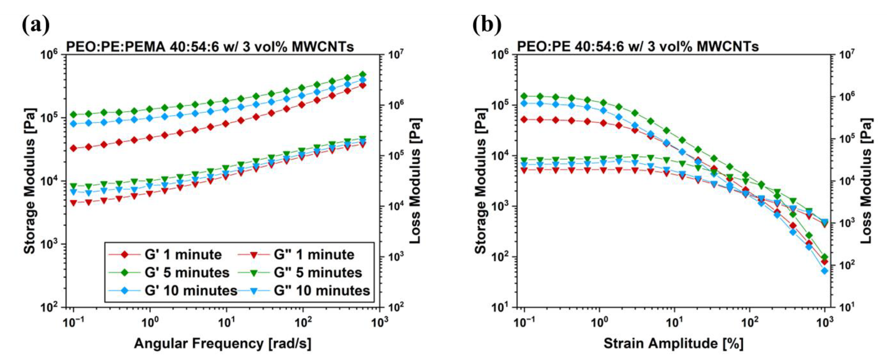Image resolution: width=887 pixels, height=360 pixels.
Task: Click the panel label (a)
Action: [36, 25]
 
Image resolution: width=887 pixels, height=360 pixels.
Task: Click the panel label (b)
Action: [487, 25]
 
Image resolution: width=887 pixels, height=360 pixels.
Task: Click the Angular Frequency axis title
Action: [222, 344]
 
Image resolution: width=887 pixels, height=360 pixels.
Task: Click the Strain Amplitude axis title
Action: [673, 344]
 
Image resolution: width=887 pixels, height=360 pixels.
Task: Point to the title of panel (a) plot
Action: [210, 46]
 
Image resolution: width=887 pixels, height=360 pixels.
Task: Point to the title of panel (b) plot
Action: [638, 46]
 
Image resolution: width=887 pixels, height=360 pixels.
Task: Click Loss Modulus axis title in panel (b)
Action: [866, 181]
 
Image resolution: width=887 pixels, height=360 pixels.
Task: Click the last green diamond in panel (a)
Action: [363, 74]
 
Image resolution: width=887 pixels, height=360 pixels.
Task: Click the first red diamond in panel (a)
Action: [73, 148]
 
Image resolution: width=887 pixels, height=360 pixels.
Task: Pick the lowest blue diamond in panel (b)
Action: [825, 271]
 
